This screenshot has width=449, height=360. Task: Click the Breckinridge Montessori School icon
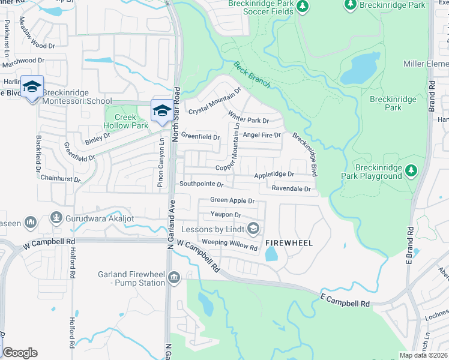(31, 88)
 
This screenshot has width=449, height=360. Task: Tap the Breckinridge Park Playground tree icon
(411, 171)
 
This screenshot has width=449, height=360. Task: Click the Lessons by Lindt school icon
(253, 228)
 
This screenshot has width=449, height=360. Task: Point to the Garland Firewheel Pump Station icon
(174, 277)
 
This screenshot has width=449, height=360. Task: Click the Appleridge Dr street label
(274, 175)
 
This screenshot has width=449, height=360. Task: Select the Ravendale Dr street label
(291, 189)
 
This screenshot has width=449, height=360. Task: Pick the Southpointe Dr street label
(201, 184)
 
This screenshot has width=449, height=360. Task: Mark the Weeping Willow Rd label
(229, 242)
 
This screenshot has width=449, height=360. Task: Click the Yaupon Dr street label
(225, 214)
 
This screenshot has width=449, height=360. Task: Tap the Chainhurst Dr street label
(61, 178)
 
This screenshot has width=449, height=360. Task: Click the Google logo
(20, 353)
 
